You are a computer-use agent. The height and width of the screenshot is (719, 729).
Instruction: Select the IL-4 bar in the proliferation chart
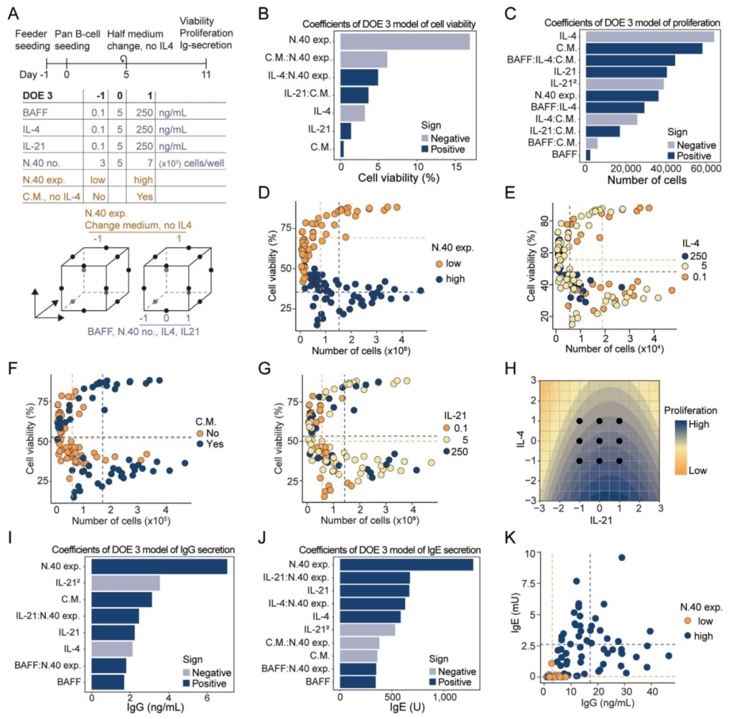649,36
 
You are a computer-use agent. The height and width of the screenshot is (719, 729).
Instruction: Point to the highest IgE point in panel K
621,558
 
